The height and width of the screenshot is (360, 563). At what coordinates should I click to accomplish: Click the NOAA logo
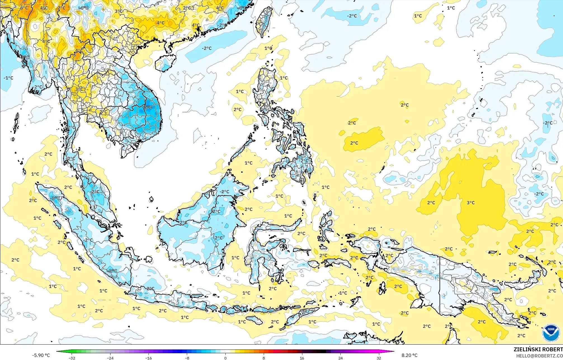pyautogui.click(x=551, y=333)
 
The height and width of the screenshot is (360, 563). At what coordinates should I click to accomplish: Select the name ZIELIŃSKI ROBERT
pyautogui.click(x=538, y=349)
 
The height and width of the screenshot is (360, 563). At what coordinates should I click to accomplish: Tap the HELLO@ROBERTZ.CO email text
pyautogui.click(x=539, y=356)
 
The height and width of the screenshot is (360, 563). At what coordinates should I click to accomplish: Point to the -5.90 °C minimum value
pyautogui.click(x=41, y=355)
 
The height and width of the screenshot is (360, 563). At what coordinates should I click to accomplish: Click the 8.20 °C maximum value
pyautogui.click(x=409, y=355)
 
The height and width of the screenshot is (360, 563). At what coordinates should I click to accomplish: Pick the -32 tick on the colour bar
pyautogui.click(x=72, y=358)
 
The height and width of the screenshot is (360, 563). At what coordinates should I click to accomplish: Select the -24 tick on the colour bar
pyautogui.click(x=110, y=358)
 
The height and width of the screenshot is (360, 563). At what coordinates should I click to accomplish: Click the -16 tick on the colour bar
pyautogui.click(x=149, y=358)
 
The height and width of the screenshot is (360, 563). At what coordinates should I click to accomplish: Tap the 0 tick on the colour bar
pyautogui.click(x=225, y=358)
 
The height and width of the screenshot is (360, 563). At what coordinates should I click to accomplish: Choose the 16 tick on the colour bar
pyautogui.click(x=302, y=358)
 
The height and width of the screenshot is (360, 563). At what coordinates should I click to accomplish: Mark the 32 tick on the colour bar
pyautogui.click(x=379, y=358)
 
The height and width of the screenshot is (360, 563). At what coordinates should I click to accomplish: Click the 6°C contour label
pyautogui.click(x=24, y=8)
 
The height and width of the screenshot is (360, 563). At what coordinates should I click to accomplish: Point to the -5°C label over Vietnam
pyautogui.click(x=148, y=107)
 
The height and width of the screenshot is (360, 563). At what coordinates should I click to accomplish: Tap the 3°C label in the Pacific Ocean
pyautogui.click(x=471, y=203)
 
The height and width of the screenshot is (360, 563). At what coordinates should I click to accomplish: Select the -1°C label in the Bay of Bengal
pyautogui.click(x=9, y=78)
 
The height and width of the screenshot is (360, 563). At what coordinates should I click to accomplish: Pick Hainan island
pyautogui.click(x=166, y=62)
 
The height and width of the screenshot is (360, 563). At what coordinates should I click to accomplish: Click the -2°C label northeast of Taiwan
pyautogui.click(x=352, y=16)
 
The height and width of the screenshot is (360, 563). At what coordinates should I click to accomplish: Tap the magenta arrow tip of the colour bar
pyautogui.click(x=393, y=352)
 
